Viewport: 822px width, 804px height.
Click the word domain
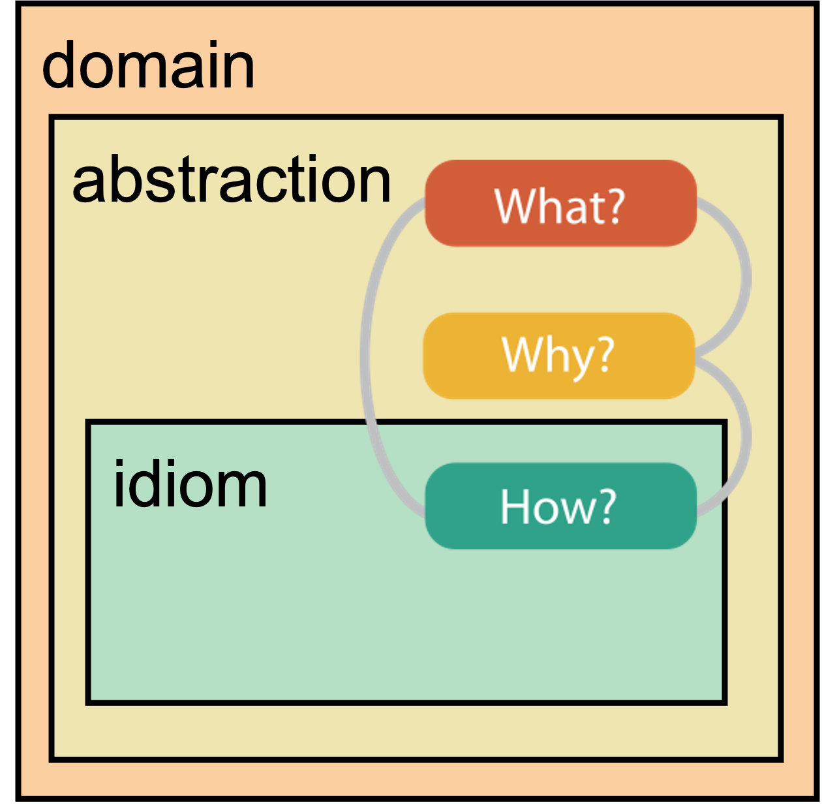point(148,64)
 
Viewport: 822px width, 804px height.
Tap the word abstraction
point(232,179)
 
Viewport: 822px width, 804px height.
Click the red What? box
point(560,203)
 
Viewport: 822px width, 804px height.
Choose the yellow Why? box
point(559,356)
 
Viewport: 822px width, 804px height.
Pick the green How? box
point(560,506)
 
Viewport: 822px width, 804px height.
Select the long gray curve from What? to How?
point(364,357)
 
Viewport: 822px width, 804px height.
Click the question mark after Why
point(605,354)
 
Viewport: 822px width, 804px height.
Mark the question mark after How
point(607,506)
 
